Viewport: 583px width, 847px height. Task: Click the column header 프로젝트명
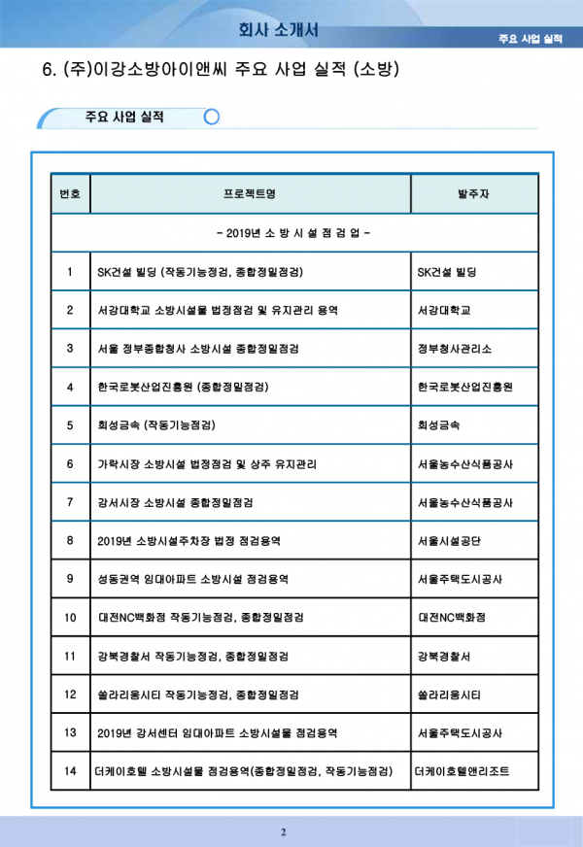[x=250, y=194]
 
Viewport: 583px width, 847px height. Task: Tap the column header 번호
[x=71, y=194]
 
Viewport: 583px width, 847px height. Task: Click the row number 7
[x=71, y=502]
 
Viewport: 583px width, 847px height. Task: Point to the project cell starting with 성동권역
[x=193, y=579]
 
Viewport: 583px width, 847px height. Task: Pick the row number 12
[x=71, y=695]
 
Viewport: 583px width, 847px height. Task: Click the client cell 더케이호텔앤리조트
[x=461, y=771]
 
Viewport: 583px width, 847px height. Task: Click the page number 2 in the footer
[x=284, y=832]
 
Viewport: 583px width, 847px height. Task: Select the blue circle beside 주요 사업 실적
[x=212, y=118]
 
